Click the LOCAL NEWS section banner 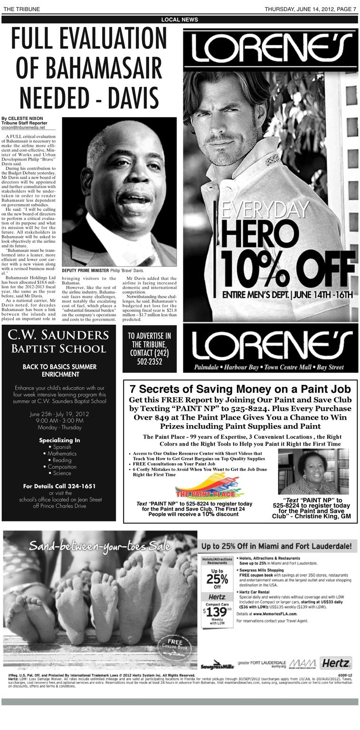tap(180, 19)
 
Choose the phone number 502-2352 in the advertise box tap(150, 362)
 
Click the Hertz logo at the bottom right tap(336, 663)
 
